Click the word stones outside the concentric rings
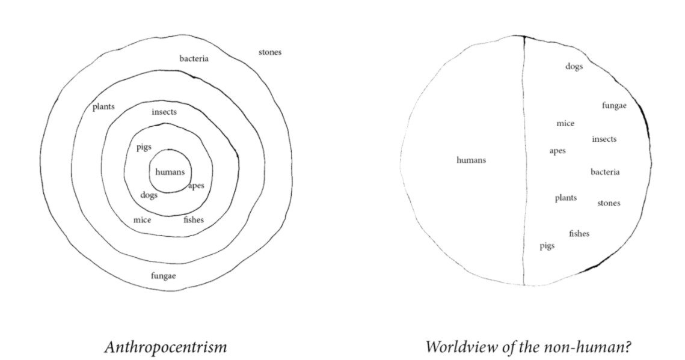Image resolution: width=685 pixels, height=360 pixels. tap(270, 52)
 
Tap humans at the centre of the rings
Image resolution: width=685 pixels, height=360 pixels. tap(170, 172)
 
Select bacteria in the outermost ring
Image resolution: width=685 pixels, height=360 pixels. tap(194, 59)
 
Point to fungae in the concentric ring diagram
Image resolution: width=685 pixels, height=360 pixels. tap(163, 276)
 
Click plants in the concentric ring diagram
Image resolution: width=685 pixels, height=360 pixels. tap(103, 107)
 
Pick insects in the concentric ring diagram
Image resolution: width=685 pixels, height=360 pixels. tap(164, 112)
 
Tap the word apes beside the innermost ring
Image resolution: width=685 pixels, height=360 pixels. tap(196, 186)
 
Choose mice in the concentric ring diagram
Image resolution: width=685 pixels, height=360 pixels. tap(142, 220)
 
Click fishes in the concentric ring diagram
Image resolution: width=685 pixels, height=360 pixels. tap(194, 220)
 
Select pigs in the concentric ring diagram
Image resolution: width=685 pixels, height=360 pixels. tap(143, 147)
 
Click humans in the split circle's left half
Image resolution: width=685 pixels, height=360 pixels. tap(472, 160)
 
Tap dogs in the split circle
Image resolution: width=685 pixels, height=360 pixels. tap(574, 67)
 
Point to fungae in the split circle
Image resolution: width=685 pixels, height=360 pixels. tap(614, 106)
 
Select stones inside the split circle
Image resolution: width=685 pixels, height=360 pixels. tap(609, 203)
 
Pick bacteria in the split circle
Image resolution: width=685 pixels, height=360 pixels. tap(605, 172)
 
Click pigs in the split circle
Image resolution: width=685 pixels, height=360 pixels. tap(547, 246)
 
